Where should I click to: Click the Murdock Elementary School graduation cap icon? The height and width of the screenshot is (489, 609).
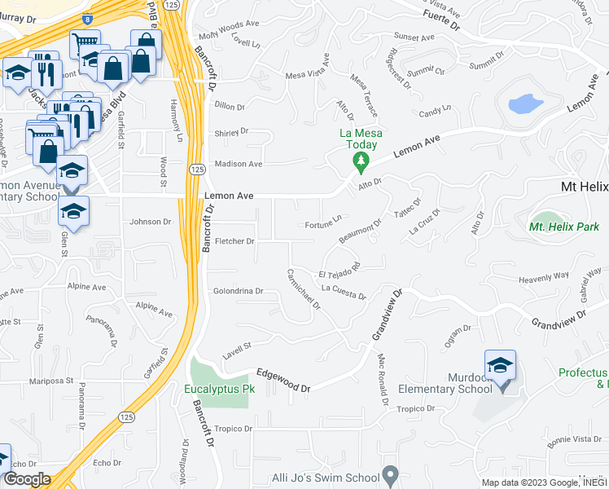tap(500, 363)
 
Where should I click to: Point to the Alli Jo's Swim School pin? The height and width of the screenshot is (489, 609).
tap(391, 475)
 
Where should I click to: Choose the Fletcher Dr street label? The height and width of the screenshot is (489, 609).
tap(234, 241)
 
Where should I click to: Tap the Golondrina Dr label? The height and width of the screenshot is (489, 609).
tap(239, 291)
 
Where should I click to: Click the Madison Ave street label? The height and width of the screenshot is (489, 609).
tap(238, 164)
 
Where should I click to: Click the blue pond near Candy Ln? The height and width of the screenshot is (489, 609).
tap(524, 104)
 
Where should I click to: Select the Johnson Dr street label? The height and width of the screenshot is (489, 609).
tap(151, 221)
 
